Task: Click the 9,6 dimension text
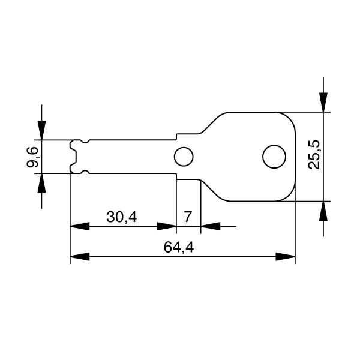click(x=34, y=157)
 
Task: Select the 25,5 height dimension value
click(x=313, y=155)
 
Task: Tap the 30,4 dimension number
click(x=122, y=217)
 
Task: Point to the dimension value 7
click(x=188, y=217)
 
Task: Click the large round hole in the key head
click(x=274, y=157)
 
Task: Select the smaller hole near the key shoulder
click(x=183, y=157)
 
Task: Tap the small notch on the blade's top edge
click(x=85, y=142)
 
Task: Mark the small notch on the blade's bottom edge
click(x=85, y=172)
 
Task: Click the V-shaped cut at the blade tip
click(x=73, y=157)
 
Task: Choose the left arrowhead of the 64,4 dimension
click(x=80, y=257)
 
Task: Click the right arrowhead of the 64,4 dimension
click(x=286, y=257)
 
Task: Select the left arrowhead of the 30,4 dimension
click(x=80, y=227)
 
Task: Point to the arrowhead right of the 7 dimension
click(x=209, y=227)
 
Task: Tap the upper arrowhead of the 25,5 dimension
click(x=323, y=103)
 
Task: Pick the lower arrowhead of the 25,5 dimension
click(x=323, y=210)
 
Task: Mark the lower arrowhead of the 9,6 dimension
click(x=41, y=183)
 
